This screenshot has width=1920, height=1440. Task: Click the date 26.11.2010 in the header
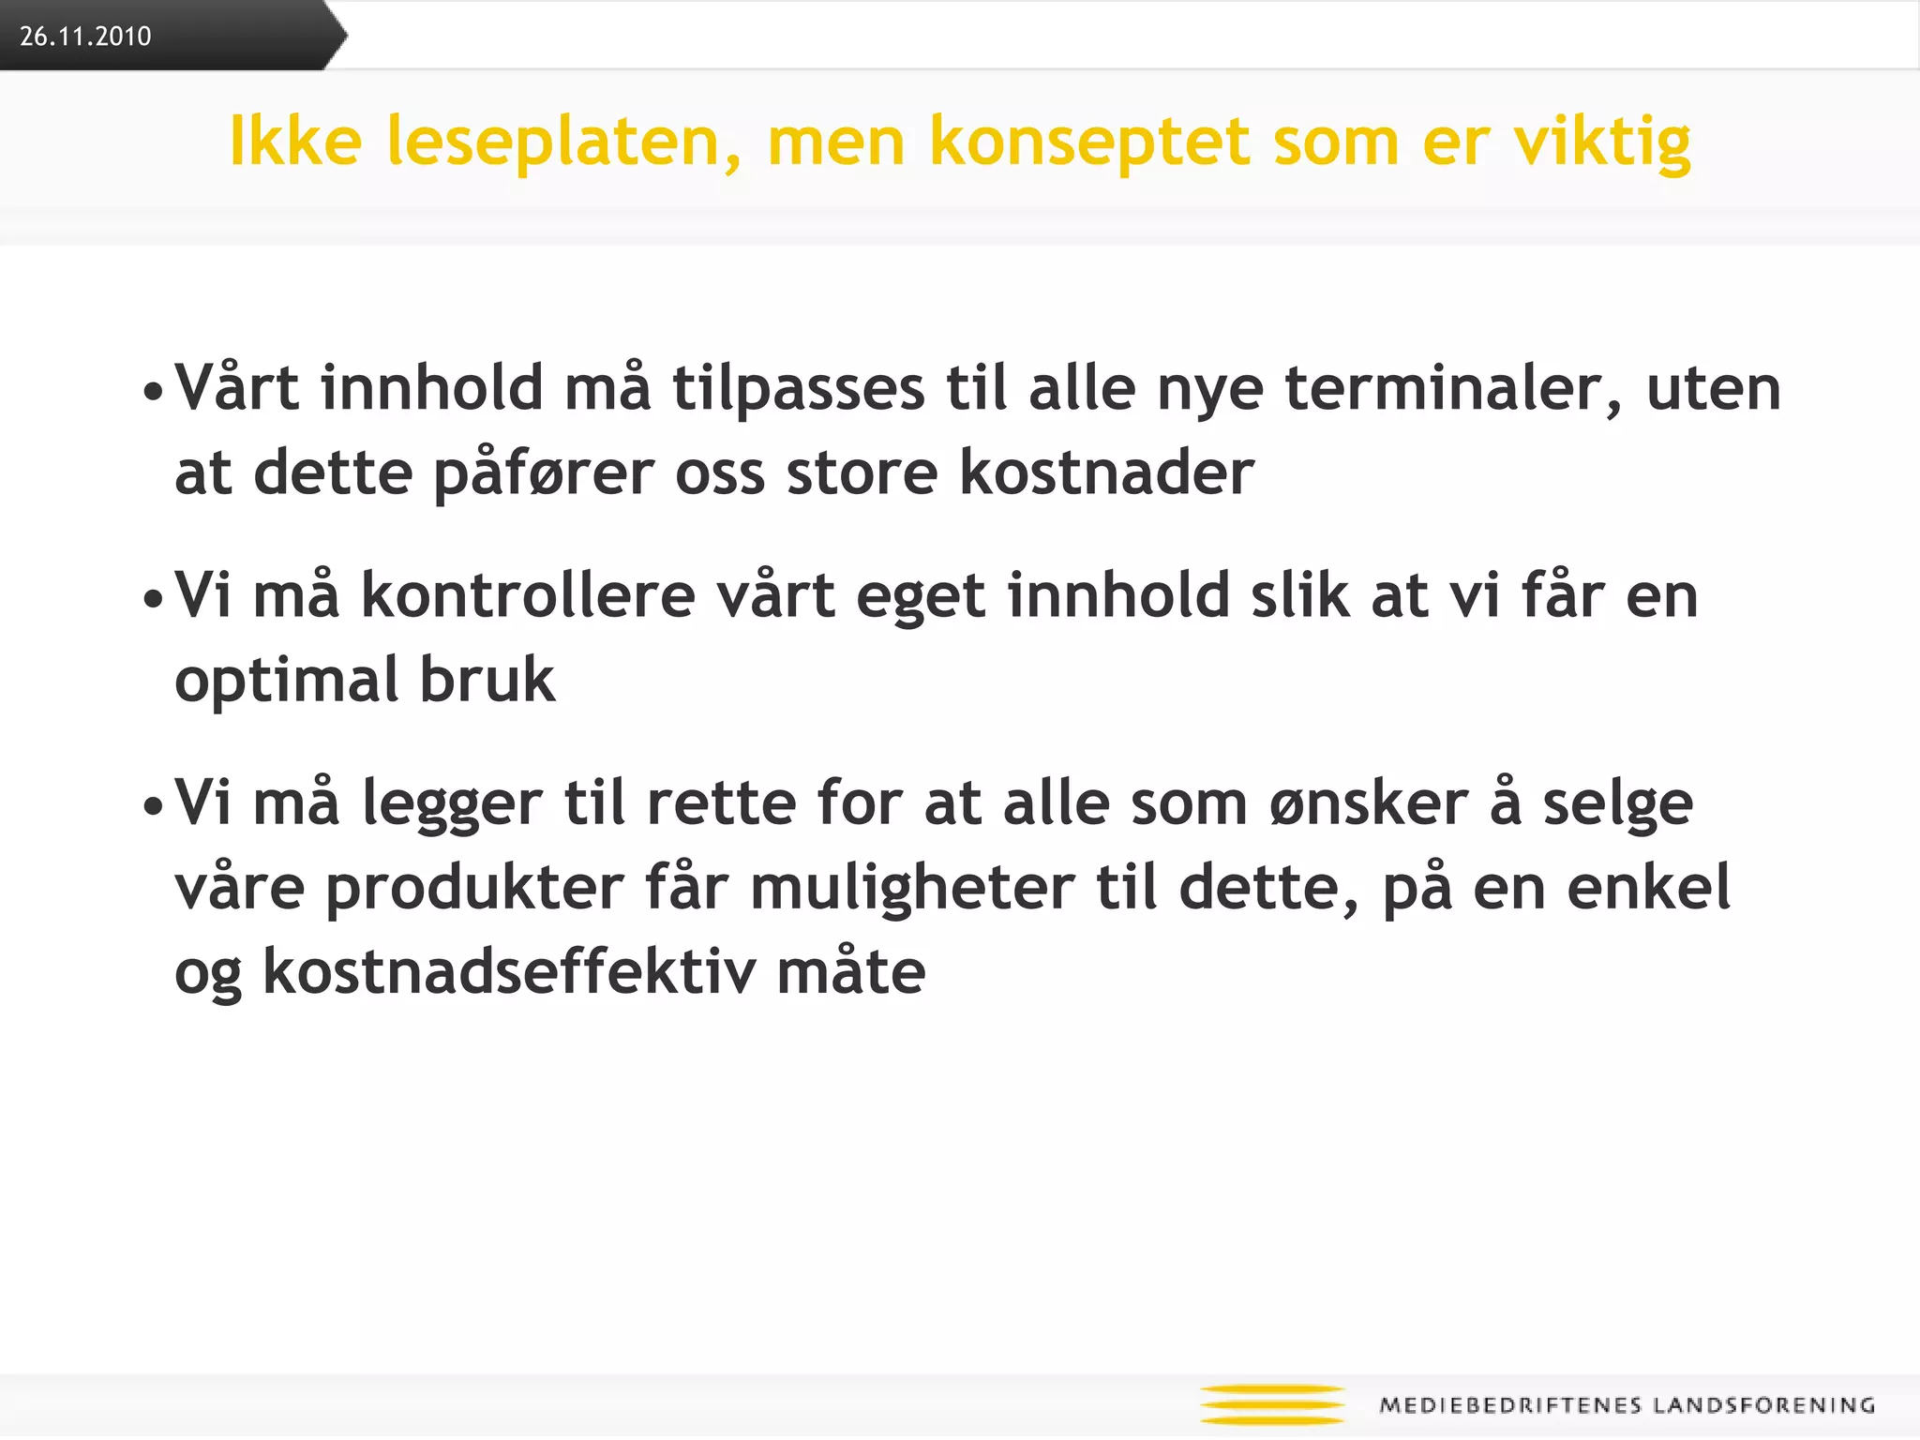point(85,37)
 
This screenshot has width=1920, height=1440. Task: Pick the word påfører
point(544,474)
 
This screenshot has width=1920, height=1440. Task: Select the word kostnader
point(1106,472)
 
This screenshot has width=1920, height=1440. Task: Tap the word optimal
point(286,682)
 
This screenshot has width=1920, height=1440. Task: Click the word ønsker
point(1369,804)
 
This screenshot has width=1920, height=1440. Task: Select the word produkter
point(474,889)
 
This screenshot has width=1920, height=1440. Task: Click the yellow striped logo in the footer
point(1272,1404)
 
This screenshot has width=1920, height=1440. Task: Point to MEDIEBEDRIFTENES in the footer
point(1510,1405)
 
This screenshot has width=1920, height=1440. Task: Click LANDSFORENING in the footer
point(1763,1405)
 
